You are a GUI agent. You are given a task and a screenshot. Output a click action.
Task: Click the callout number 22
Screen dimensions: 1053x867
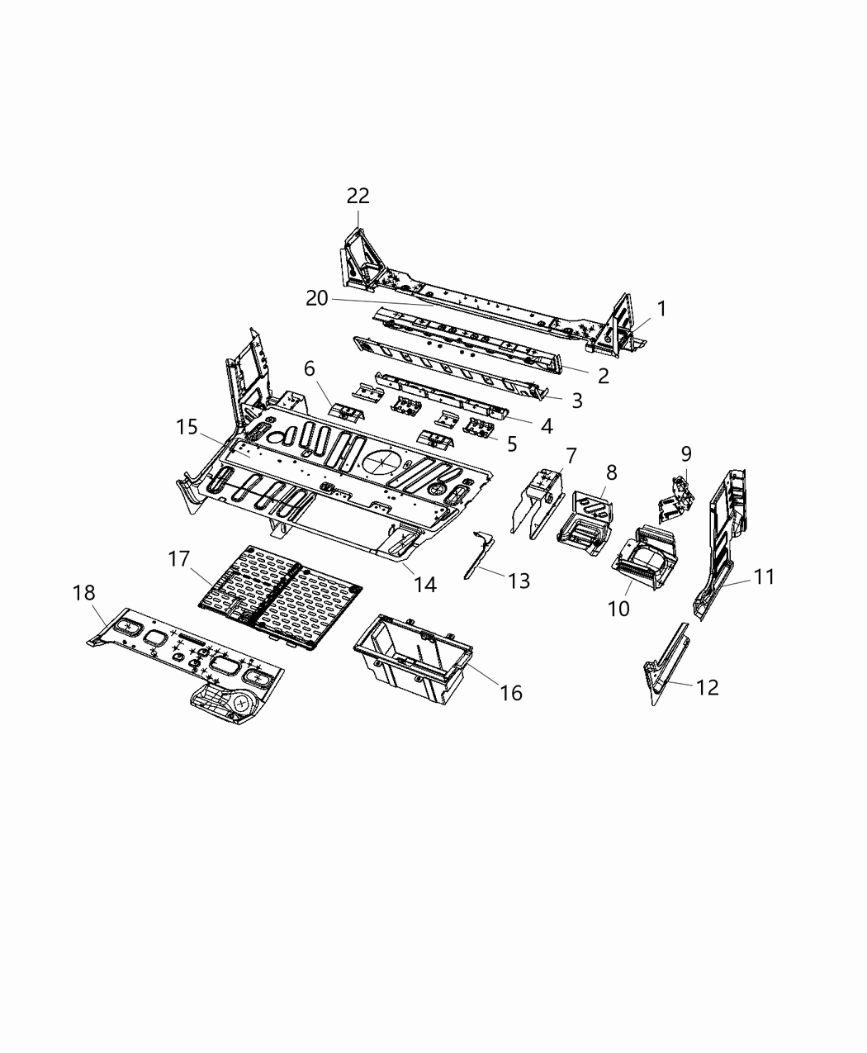(358, 196)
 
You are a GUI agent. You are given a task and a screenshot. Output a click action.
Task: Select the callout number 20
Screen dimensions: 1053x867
(317, 299)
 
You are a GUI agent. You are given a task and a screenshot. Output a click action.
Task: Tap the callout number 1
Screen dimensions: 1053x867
(661, 309)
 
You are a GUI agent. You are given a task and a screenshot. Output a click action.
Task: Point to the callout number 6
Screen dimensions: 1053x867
(309, 368)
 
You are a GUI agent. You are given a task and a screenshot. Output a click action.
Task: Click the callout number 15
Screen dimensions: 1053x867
(187, 427)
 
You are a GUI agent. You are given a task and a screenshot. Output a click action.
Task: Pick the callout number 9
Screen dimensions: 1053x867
(686, 453)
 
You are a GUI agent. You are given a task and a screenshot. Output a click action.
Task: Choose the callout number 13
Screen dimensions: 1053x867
(518, 581)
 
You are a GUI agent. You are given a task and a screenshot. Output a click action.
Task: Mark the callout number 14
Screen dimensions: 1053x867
(424, 585)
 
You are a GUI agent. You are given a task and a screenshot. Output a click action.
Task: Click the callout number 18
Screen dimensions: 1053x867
(83, 593)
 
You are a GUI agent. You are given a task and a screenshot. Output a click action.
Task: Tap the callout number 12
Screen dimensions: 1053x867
(707, 687)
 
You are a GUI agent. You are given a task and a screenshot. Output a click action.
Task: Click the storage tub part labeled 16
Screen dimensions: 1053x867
(410, 658)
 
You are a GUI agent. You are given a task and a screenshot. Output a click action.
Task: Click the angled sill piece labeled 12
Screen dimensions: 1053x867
(667, 661)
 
